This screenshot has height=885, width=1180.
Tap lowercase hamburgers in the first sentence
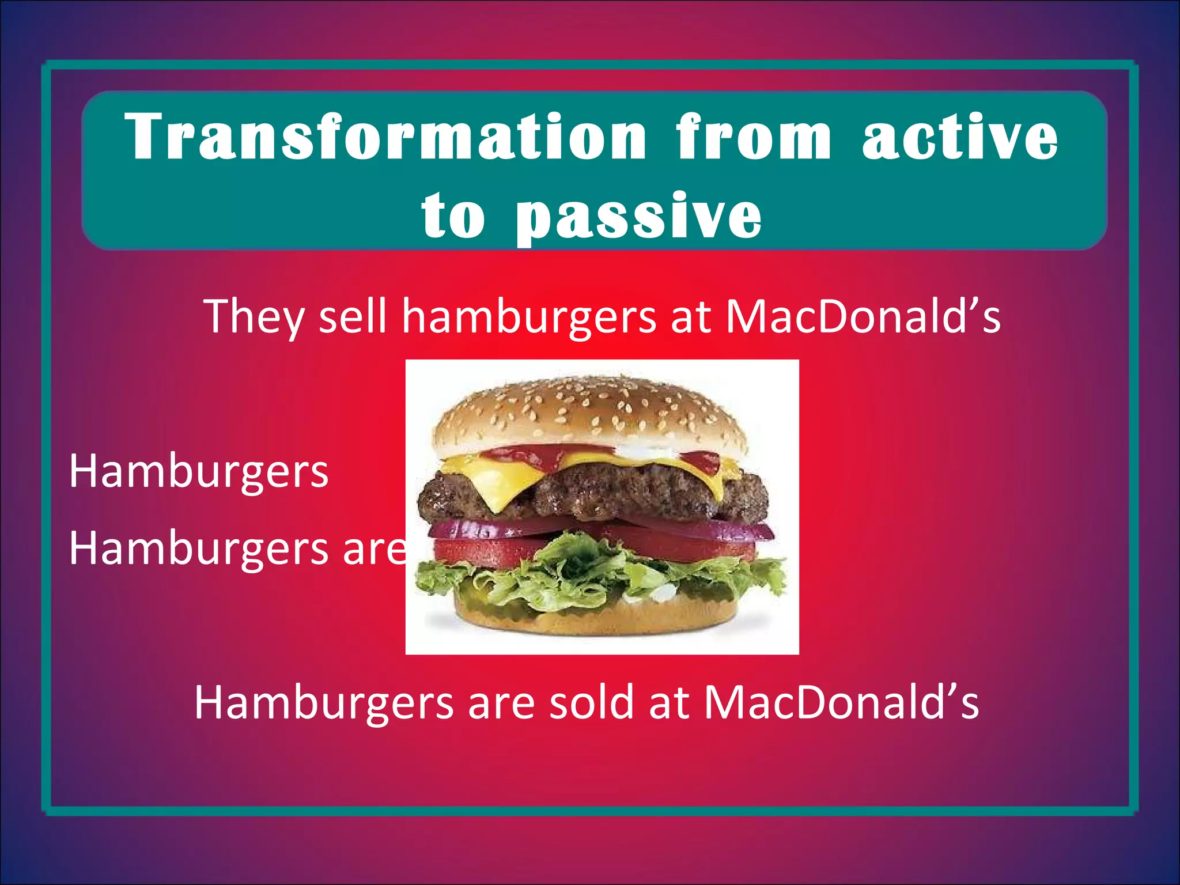(x=528, y=317)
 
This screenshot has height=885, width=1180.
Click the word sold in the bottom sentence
(x=591, y=702)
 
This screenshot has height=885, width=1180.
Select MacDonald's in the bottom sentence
(x=841, y=702)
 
